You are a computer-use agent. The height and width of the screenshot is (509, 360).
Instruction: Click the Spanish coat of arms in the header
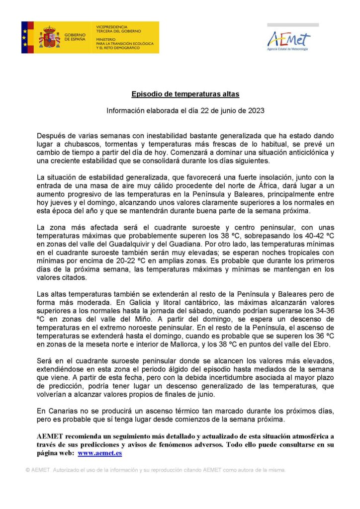click(x=50, y=37)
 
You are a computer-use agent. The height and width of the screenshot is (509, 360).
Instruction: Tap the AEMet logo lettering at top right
click(x=288, y=39)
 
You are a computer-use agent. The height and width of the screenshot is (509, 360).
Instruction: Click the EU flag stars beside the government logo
click(x=24, y=37)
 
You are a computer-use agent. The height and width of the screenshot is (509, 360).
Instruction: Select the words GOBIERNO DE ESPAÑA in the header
click(x=75, y=37)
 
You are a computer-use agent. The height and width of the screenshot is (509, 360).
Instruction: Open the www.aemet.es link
click(x=100, y=453)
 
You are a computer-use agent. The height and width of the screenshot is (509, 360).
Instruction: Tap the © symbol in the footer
click(x=28, y=470)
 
